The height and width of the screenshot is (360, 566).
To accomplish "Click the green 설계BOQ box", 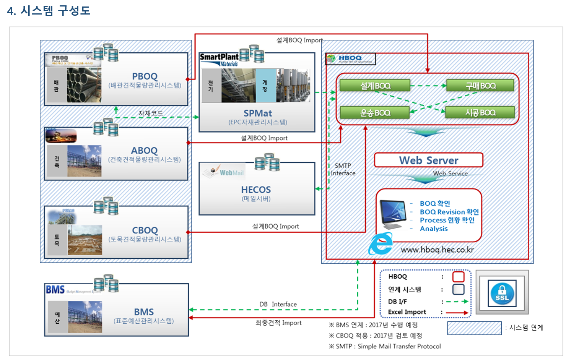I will pos(375,86).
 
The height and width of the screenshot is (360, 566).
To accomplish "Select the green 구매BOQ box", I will pos(480,86).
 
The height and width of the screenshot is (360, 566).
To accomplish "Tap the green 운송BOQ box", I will pos(375,113).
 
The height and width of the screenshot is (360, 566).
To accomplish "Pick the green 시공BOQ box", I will pos(480,113).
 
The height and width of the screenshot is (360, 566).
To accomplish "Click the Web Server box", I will pos(428,160).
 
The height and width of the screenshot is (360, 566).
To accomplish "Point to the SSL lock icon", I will pos(502,293).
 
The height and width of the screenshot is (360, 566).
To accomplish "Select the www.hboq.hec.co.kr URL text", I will pos(437,250).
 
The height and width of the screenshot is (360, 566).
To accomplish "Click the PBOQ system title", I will pos(145,76).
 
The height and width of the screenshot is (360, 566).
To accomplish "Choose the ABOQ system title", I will pos(144,151).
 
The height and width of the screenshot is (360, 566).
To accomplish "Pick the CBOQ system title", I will pos(145,230).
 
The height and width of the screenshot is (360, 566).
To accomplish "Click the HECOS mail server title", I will pos(256,190).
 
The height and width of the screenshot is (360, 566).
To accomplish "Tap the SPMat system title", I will pos(257,114).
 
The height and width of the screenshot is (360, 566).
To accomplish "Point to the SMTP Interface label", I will pos(343,169).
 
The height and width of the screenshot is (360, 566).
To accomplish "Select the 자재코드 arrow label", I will pos(151,113).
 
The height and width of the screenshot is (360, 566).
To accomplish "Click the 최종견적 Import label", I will pos(278,323).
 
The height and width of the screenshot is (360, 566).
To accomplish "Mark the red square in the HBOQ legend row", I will pos(458,277).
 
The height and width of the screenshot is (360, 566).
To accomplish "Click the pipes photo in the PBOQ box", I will pos(84,85).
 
